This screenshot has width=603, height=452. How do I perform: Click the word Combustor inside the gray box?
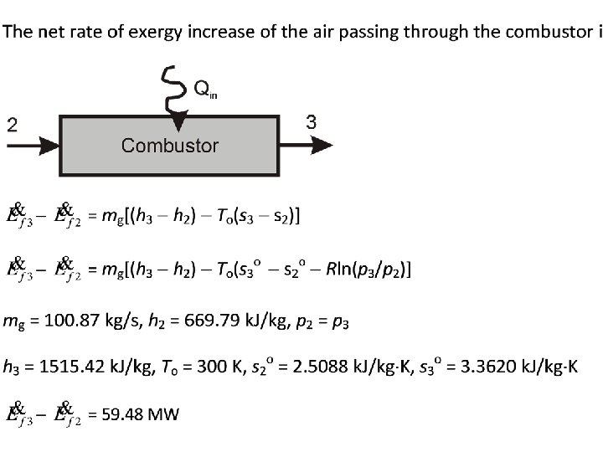pos(170,146)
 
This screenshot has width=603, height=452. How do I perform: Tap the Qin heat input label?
pos(206,89)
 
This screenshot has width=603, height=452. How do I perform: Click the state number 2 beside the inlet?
pos(12,126)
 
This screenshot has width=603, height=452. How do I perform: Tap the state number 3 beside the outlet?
pos(312,122)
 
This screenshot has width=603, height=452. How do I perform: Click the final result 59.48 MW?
pos(139,414)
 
